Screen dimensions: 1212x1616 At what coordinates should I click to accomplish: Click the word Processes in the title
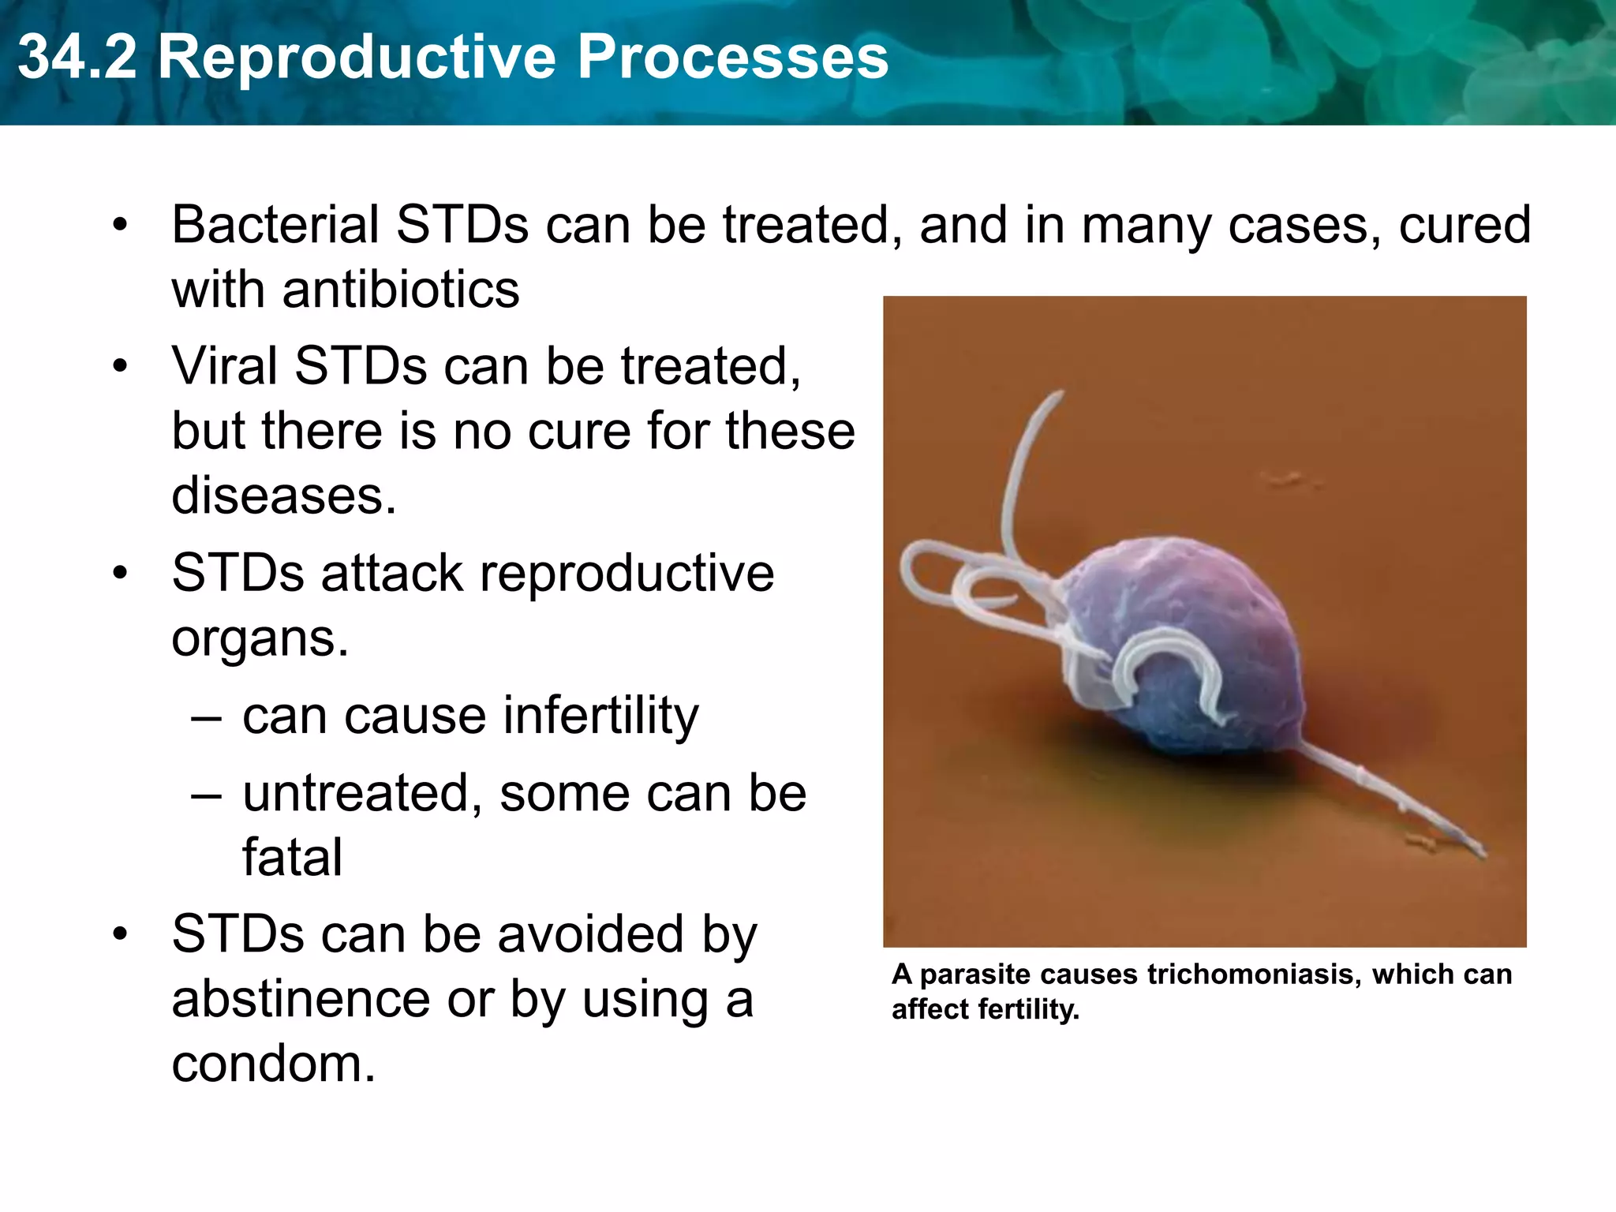pos(733,57)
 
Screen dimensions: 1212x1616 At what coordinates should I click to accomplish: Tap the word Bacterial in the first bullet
pos(275,225)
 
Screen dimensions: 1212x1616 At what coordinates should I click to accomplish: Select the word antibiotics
pos(401,290)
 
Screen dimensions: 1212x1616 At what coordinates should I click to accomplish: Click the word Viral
pos(224,367)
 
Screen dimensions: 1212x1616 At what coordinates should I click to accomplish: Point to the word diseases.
pos(283,496)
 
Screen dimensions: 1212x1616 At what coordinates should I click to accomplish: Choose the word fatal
pos(292,858)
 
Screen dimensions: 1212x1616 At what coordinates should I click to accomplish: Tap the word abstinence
pos(301,1000)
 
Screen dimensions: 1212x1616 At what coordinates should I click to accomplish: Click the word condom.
pos(273,1064)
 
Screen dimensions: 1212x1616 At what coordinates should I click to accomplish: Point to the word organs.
pos(260,638)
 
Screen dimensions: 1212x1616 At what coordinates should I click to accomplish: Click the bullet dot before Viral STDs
pos(120,367)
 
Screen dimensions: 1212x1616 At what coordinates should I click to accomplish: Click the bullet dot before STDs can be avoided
pos(120,935)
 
